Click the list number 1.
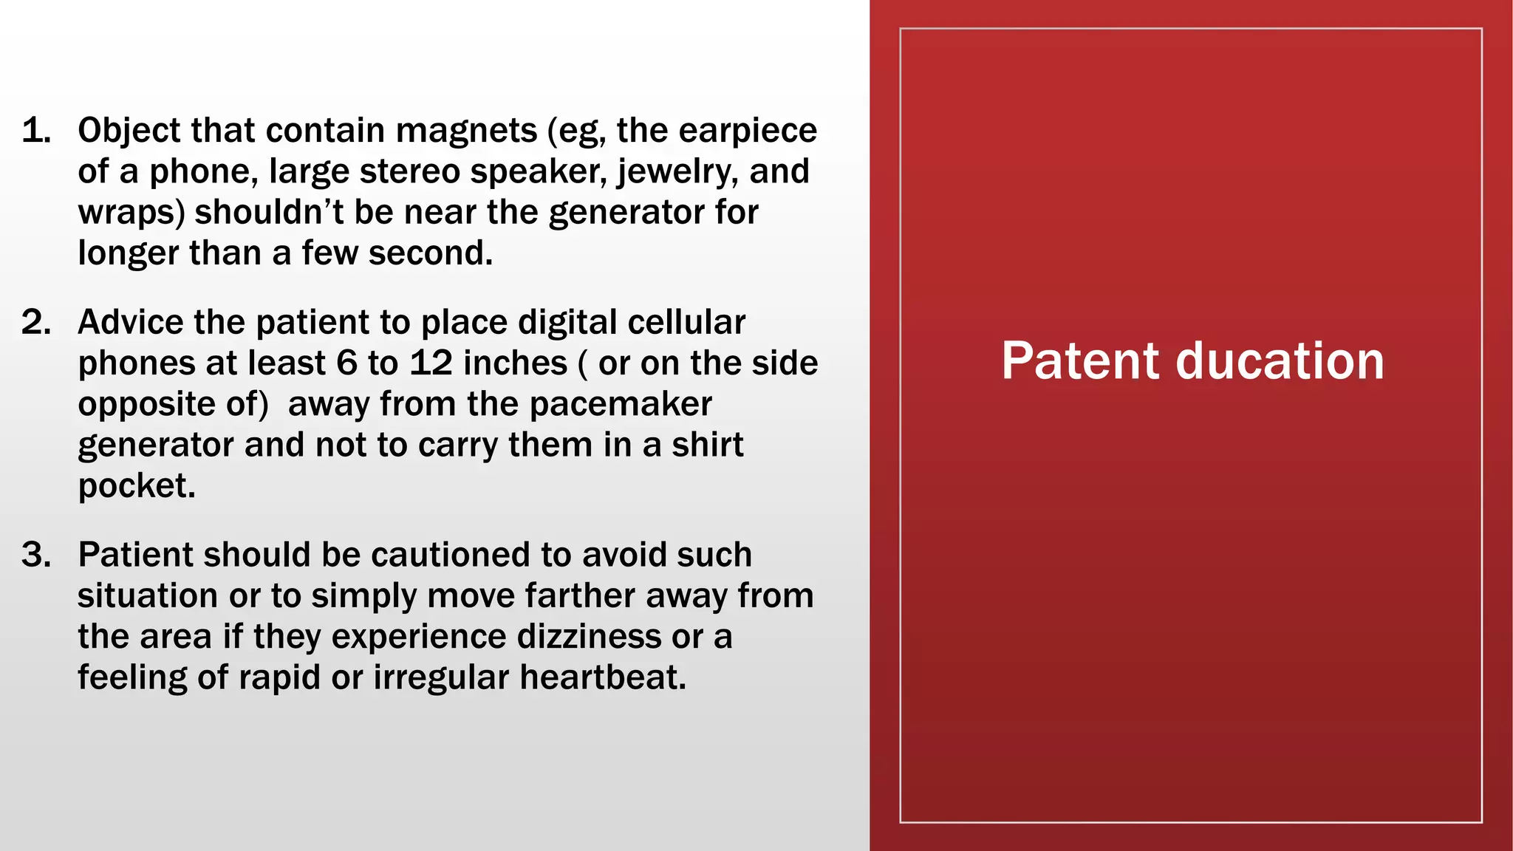[x=36, y=131]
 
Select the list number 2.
[x=36, y=323]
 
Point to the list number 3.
[x=36, y=555]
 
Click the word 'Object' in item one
[x=129, y=131]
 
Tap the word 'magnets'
[x=466, y=131]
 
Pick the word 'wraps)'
[x=131, y=213]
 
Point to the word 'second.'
[x=431, y=253]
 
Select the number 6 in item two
[x=346, y=363]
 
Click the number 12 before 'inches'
[x=431, y=363]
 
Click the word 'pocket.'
[x=137, y=486]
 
